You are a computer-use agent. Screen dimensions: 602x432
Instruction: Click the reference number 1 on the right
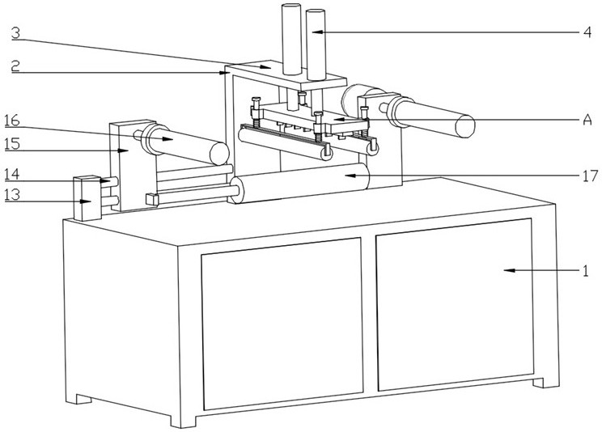[x=585, y=271]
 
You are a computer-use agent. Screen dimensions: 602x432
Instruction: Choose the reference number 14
[x=11, y=174]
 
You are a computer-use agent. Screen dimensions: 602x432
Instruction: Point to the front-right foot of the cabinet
[x=545, y=381]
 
